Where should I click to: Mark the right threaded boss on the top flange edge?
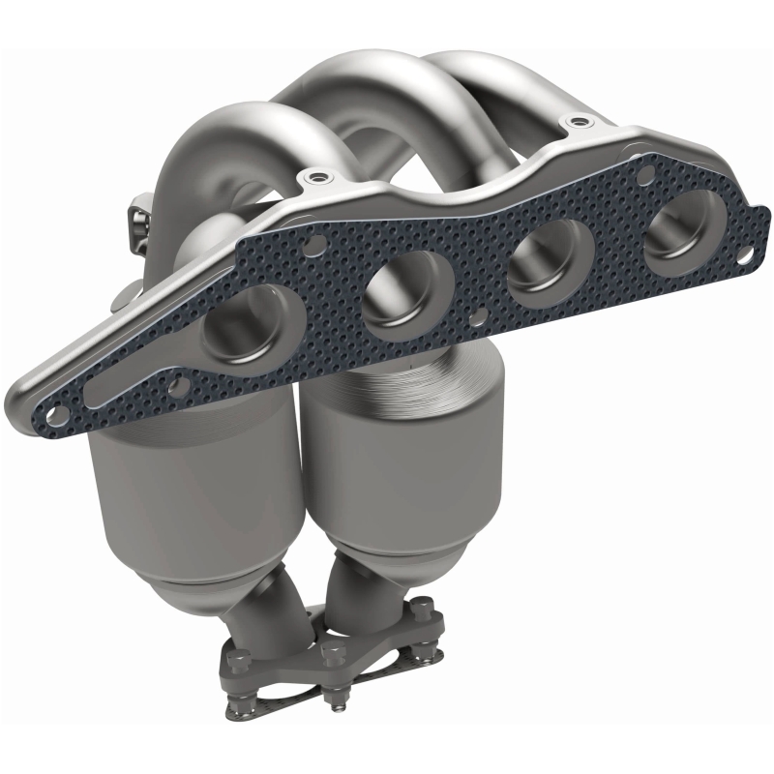point(579,123)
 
